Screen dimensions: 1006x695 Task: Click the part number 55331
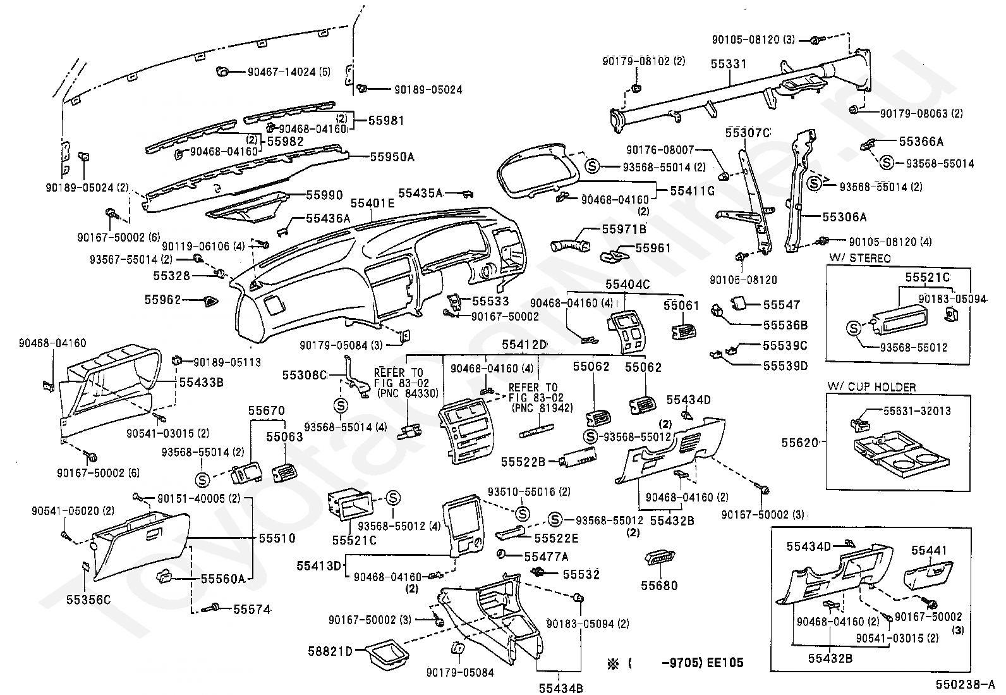tap(729, 64)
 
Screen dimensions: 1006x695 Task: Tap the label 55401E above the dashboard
tap(372, 203)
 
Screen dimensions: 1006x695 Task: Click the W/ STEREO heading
tap(859, 258)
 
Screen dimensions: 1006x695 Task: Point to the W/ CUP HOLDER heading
tap(871, 387)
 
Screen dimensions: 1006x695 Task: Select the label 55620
tap(800, 443)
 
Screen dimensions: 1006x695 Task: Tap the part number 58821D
tap(330, 651)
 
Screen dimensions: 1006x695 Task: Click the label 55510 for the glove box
tap(277, 538)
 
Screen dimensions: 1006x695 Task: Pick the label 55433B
tap(201, 382)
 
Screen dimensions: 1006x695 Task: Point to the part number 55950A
tap(392, 156)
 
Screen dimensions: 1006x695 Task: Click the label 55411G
tap(692, 190)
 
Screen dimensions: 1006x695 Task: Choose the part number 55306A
tap(844, 217)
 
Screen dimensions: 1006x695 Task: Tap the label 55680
tap(659, 586)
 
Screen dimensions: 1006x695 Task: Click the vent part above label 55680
tap(660, 558)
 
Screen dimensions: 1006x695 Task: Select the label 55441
tap(929, 550)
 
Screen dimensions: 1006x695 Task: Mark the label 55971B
tap(624, 230)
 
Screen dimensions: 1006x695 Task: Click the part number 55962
tap(162, 300)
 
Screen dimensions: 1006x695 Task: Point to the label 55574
tap(252, 610)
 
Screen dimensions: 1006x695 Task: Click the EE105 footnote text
tap(725, 662)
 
